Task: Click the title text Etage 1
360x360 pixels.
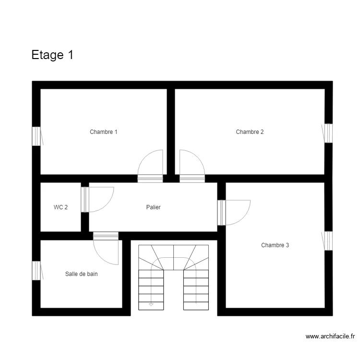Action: point(52,55)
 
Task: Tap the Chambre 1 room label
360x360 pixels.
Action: point(104,132)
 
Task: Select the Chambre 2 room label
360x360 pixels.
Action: point(250,132)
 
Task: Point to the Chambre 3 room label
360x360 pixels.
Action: point(275,245)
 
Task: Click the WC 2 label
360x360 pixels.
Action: point(60,207)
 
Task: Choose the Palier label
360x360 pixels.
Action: point(153,207)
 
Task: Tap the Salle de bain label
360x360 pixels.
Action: point(82,274)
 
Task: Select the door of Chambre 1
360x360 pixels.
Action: point(150,178)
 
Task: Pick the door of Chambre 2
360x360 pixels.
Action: point(192,178)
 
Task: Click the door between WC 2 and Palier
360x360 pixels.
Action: point(85,199)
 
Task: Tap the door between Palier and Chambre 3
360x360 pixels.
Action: point(221,212)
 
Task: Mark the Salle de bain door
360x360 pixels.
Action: point(106,236)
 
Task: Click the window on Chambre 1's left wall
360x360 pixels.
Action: point(36,136)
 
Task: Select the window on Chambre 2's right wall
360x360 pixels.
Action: point(328,133)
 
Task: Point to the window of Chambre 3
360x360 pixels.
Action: point(328,241)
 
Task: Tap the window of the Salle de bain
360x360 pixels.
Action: point(36,270)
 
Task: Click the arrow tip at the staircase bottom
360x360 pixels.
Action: point(151,304)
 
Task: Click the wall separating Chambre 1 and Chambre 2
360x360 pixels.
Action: point(170,132)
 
